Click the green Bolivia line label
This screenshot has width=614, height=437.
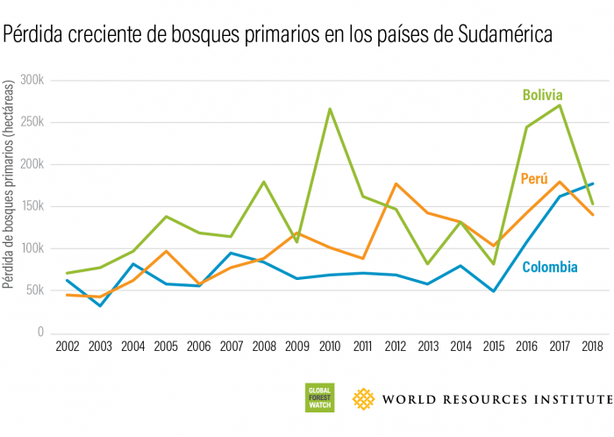pyautogui.click(x=542, y=95)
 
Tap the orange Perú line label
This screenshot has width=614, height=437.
pyautogui.click(x=534, y=179)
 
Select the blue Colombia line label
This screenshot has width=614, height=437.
pyautogui.click(x=550, y=267)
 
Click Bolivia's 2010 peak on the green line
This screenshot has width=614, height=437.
pyautogui.click(x=330, y=109)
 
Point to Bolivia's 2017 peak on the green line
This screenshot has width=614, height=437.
pyautogui.click(x=559, y=105)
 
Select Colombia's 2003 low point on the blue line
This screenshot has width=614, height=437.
pyautogui.click(x=101, y=305)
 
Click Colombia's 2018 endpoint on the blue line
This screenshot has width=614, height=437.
pyautogui.click(x=591, y=183)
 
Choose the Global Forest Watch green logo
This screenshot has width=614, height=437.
pyautogui.click(x=318, y=399)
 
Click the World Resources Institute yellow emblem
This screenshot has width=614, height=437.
pyautogui.click(x=364, y=399)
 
